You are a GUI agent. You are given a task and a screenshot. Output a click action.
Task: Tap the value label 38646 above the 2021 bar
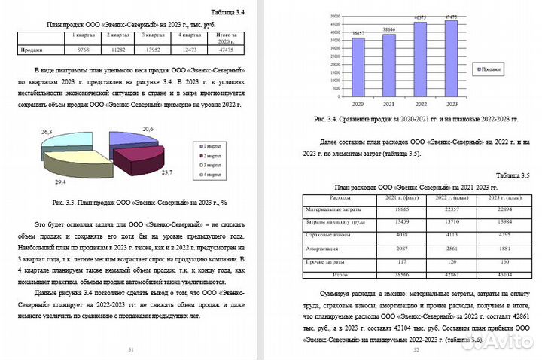coord(388,29)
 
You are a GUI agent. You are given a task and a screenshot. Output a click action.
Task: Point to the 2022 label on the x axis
coord(420,104)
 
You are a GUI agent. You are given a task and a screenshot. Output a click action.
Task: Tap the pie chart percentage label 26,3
coord(46,132)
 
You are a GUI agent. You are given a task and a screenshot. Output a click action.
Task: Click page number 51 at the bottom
coord(131,350)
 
